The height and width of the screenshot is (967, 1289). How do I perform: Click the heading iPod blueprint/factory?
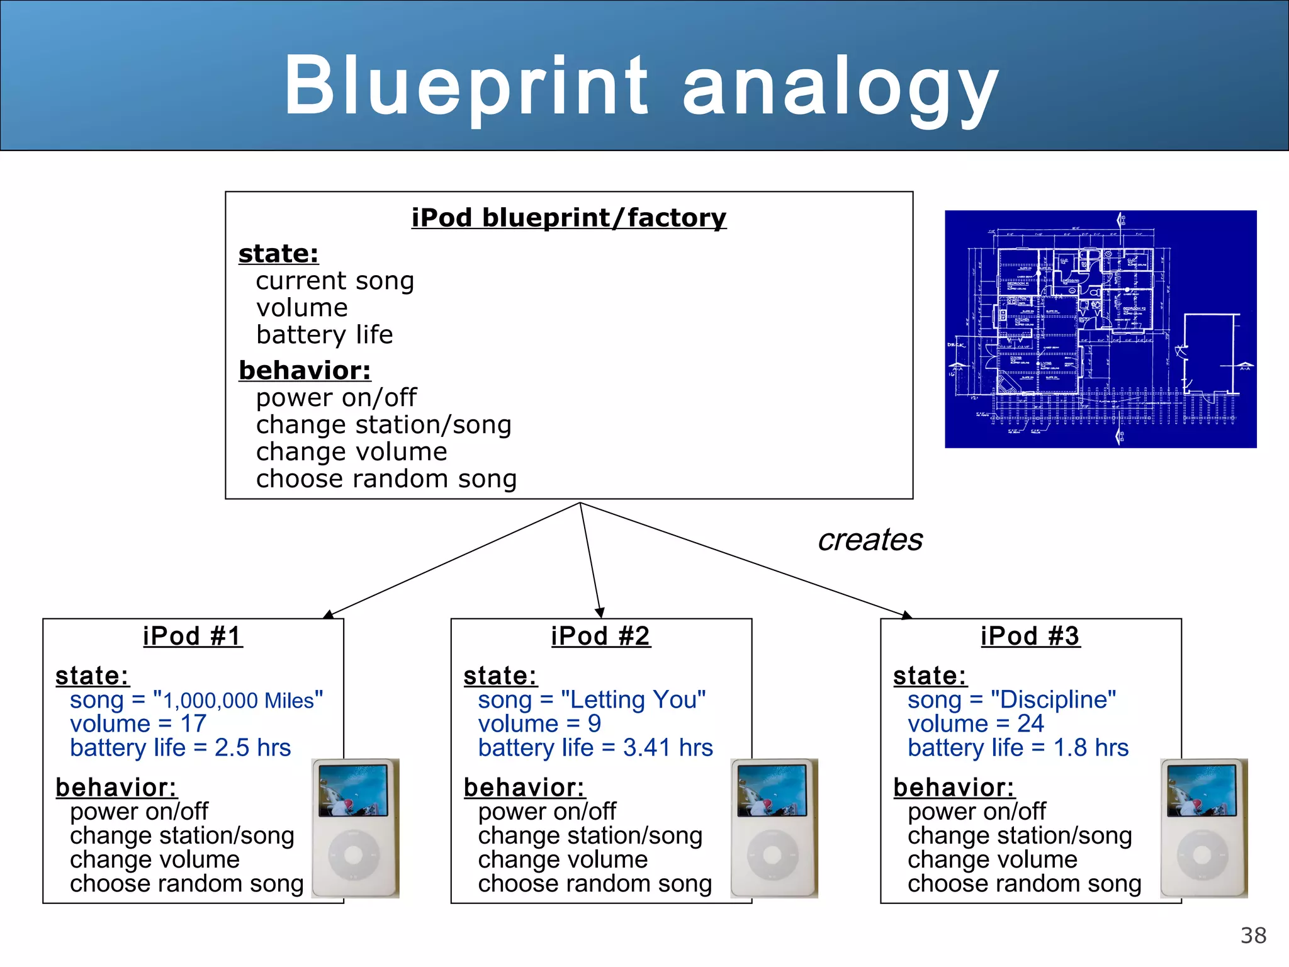click(568, 218)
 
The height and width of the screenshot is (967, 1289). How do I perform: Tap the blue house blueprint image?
click(1100, 329)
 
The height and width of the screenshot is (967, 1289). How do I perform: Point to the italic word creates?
click(870, 540)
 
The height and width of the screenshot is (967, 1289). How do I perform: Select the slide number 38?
click(1252, 936)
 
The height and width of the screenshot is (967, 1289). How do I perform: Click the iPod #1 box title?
click(193, 636)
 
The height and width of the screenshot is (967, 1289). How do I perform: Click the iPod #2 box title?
click(600, 636)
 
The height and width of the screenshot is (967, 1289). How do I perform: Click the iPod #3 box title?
click(1030, 636)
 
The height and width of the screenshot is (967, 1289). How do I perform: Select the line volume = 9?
click(539, 724)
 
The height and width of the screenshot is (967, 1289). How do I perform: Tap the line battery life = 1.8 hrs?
click(1018, 748)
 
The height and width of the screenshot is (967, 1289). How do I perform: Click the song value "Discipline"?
click(1053, 699)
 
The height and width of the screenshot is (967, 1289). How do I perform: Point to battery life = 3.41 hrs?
click(595, 748)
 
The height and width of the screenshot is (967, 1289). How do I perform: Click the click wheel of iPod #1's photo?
click(353, 855)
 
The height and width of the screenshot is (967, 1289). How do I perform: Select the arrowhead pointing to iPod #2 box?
click(600, 613)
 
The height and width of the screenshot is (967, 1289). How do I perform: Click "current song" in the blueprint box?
click(335, 281)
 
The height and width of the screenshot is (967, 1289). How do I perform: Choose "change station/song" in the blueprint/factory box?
click(383, 425)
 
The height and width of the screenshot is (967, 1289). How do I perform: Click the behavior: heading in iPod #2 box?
click(524, 788)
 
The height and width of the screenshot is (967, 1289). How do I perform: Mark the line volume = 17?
click(138, 724)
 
